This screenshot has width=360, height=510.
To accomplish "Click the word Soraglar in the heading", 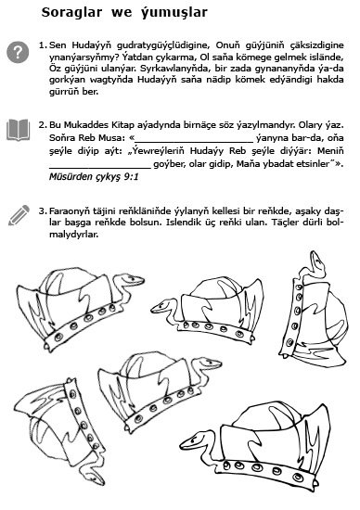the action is click(x=71, y=12).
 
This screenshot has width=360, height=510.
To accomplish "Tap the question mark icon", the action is click(x=18, y=52).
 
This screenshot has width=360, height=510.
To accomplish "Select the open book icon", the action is click(x=18, y=130).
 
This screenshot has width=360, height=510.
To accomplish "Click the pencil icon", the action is click(x=19, y=215).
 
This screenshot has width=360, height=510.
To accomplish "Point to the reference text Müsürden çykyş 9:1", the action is click(x=94, y=176).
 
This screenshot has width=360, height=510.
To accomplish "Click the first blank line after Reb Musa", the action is click(x=194, y=142).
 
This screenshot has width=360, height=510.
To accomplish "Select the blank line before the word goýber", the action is click(x=100, y=168).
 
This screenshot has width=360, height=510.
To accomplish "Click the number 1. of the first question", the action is click(x=43, y=45).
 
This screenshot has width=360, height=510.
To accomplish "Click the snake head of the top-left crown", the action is click(x=133, y=280).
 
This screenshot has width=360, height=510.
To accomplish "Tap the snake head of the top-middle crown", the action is click(x=161, y=306).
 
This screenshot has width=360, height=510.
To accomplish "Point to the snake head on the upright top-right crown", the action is click(x=317, y=262).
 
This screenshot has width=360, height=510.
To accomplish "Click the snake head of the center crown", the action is click(x=210, y=363).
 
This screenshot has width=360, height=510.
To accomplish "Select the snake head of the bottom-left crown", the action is click(x=95, y=477).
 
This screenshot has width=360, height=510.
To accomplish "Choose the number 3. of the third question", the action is click(x=43, y=211).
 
